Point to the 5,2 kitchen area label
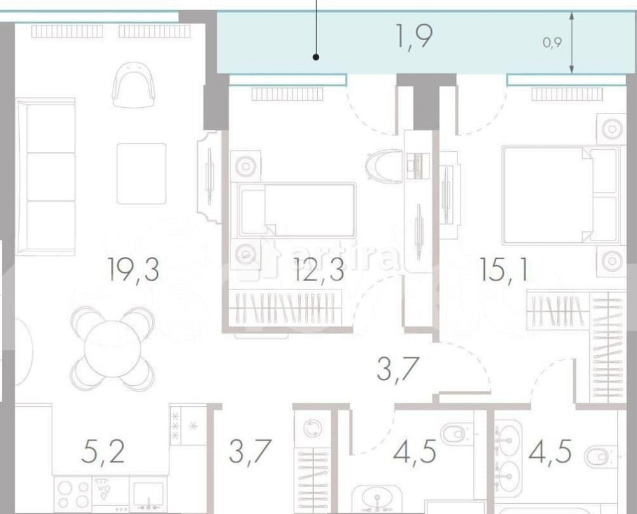tap(103, 453)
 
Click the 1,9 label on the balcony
tap(415, 37)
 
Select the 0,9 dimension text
tap(552, 43)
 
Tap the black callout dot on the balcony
tap(316, 58)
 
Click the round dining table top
tap(113, 348)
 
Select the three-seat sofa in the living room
tap(46, 177)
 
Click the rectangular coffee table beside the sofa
tap(141, 173)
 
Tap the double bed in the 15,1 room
tap(560, 195)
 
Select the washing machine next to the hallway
tap(312, 429)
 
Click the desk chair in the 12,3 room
tap(385, 166)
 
